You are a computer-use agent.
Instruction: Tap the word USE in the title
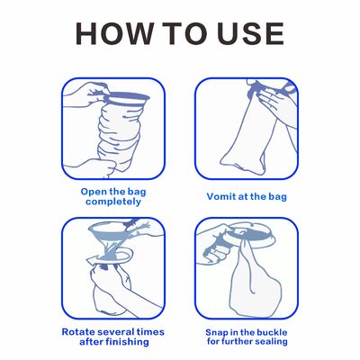250,33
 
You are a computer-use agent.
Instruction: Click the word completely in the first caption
113,202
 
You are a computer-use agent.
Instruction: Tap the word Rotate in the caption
77,332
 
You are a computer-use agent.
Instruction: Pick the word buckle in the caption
272,332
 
